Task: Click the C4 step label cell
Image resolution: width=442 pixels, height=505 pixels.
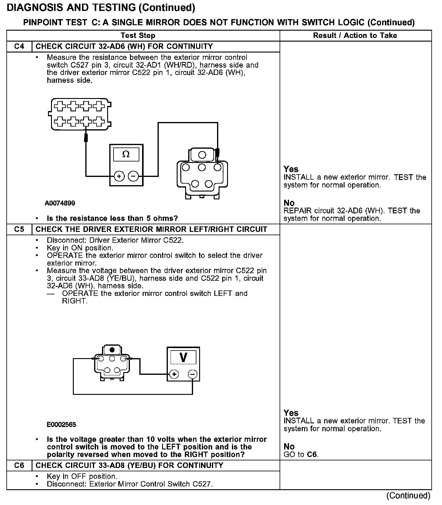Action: coord(19,46)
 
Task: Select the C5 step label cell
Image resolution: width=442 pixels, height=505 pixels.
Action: coord(19,229)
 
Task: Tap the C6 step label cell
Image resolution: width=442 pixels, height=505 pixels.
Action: coord(19,465)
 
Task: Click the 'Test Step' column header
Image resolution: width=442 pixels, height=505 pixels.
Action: coord(138,36)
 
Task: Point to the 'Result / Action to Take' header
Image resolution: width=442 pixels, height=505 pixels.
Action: coord(355,36)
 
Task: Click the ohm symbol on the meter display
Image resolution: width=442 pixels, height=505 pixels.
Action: coord(126,154)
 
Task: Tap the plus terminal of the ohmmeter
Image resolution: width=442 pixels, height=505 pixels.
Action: coord(119,176)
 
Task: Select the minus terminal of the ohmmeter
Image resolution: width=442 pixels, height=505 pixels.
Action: coord(133,176)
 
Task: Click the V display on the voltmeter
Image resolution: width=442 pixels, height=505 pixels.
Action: coord(183,357)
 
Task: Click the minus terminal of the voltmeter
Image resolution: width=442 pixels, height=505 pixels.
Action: coord(192,374)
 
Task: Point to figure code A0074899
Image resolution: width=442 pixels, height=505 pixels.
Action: coord(60,203)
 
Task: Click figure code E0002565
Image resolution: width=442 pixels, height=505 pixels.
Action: coord(61,425)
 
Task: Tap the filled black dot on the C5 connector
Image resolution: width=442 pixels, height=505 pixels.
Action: coord(112,349)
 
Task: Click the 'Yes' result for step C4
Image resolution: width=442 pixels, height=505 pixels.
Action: coord(291,169)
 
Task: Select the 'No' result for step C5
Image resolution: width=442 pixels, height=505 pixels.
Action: coord(289,446)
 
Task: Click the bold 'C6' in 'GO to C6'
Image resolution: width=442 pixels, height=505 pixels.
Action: coord(312,455)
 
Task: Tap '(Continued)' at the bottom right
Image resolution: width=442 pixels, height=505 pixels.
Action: coord(408,495)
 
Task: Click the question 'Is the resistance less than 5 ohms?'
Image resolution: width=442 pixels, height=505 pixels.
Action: coord(112,219)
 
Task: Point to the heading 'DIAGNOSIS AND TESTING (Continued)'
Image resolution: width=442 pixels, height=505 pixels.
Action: coord(101,8)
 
